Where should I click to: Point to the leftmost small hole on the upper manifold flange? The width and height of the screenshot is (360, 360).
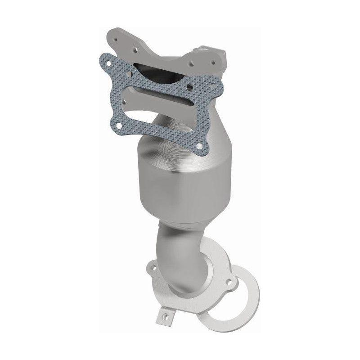pos(117,39)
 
